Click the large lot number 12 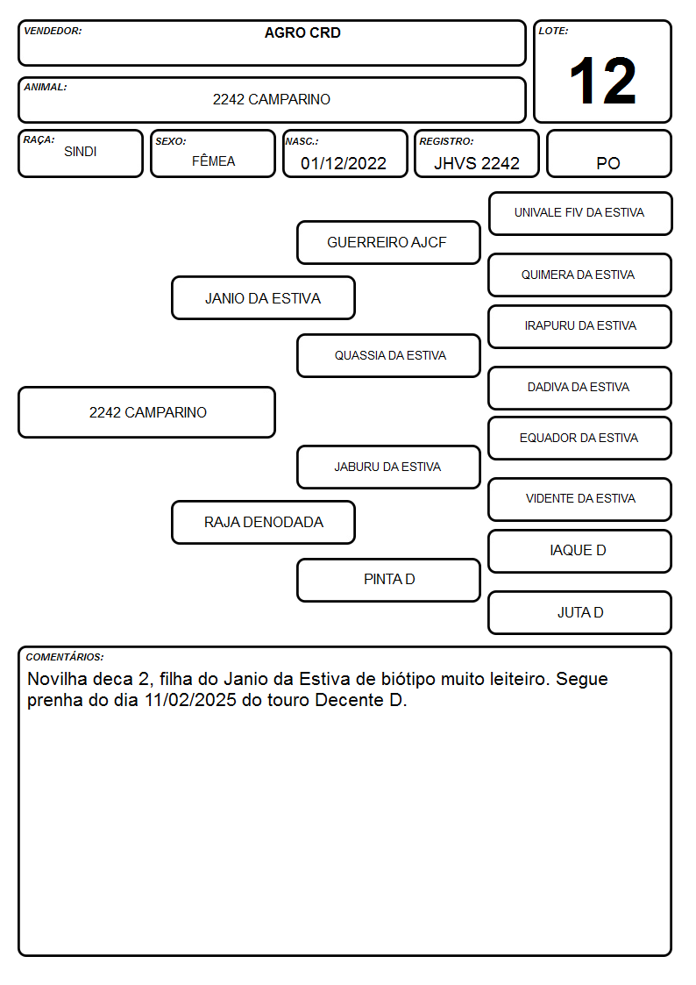(x=602, y=81)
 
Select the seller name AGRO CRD (x=302, y=32)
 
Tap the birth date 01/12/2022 (x=344, y=163)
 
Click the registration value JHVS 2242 (x=476, y=163)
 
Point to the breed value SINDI (x=81, y=152)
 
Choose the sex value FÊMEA (x=213, y=161)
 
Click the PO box (x=608, y=153)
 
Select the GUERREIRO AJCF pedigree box (x=388, y=242)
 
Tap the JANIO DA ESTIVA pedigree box (x=263, y=297)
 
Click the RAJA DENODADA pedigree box (x=263, y=522)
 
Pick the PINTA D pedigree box (x=388, y=580)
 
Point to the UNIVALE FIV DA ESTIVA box (x=580, y=214)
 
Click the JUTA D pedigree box (x=580, y=612)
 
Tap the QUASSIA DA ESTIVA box (x=388, y=355)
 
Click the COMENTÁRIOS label (x=65, y=657)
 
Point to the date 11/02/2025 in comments (x=190, y=700)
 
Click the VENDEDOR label (x=53, y=31)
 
